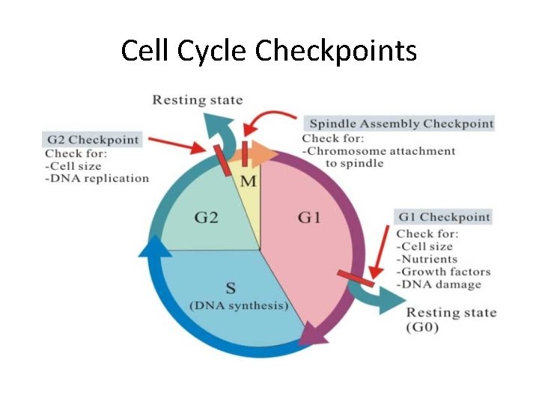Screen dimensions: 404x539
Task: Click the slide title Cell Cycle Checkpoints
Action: tap(269, 51)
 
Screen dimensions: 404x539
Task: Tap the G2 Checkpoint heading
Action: tap(93, 140)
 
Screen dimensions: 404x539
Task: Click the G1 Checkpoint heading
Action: tap(444, 217)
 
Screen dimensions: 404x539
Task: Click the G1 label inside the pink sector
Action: tap(308, 218)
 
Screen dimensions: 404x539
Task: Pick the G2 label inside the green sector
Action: tap(207, 218)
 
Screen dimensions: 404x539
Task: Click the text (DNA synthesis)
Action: tap(239, 306)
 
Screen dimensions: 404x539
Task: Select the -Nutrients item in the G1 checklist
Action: tap(427, 259)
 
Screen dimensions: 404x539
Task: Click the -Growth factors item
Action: tap(443, 272)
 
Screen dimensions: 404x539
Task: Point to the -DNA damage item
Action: tap(439, 284)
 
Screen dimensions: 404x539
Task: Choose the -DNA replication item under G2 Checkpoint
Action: tap(97, 178)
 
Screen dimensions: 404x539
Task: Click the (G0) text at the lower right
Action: tap(423, 327)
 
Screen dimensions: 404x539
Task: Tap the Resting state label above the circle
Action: tap(198, 100)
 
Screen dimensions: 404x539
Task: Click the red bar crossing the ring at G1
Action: tap(356, 278)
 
